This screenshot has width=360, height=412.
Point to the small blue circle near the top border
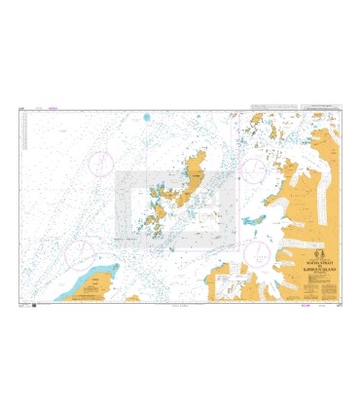[147, 116]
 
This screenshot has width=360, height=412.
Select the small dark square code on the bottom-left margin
[34, 306]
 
